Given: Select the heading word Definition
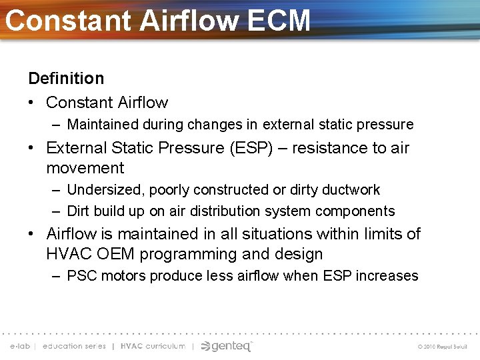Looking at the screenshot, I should (66, 79).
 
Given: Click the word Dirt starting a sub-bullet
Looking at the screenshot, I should (80, 211).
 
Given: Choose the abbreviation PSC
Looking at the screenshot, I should (81, 276).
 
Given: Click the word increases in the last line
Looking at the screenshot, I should (388, 276).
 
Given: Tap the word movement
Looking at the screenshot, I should (85, 168).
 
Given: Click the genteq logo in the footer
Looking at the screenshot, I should (227, 346).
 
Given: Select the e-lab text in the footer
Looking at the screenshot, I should (20, 346).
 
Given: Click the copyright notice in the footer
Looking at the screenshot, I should (443, 347).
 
